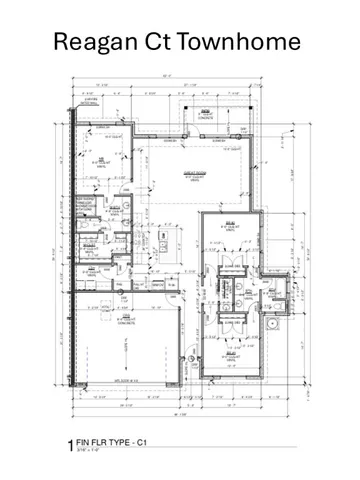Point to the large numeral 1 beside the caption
pyautogui.click(x=69, y=441)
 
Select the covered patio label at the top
pyautogui.click(x=206, y=114)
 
